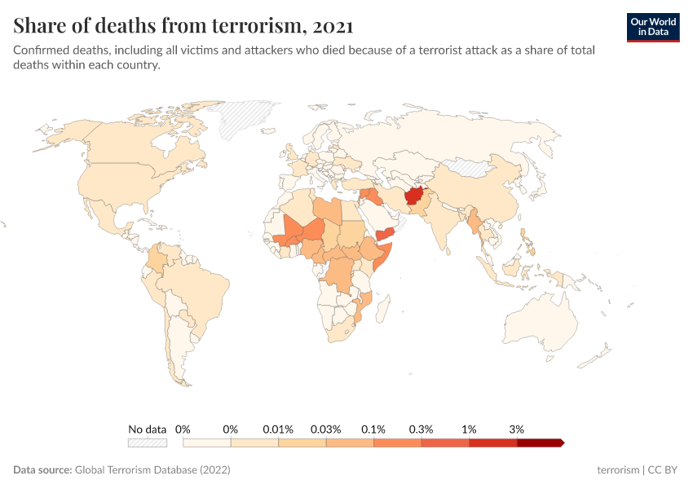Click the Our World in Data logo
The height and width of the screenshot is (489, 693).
[653, 27]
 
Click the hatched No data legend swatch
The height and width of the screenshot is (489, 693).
[148, 443]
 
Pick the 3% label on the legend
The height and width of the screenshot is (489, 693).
[516, 429]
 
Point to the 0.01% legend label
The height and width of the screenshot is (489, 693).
[277, 429]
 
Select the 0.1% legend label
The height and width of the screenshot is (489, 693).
[373, 429]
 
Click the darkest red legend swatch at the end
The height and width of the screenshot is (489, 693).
[539, 443]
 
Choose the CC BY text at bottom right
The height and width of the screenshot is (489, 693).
[664, 470]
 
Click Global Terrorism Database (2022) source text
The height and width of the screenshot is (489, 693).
[152, 470]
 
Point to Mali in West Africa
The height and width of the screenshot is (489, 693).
[295, 227]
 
